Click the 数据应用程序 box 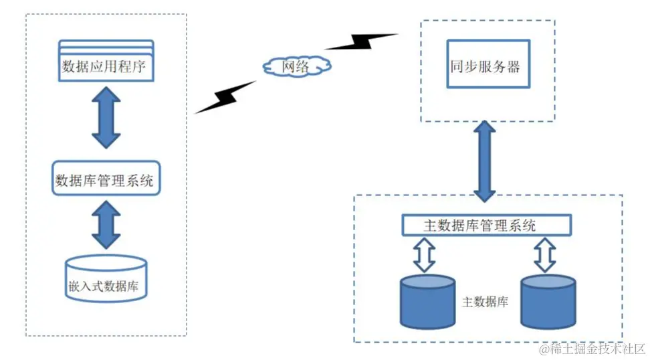coord(106,67)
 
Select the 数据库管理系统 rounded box coord(106,179)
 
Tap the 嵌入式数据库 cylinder coord(106,282)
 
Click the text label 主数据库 coord(485,302)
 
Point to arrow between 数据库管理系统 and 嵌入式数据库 coord(106,224)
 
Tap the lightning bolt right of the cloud coord(361,41)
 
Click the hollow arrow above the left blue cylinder coord(425,255)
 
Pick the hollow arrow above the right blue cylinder coord(546,255)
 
